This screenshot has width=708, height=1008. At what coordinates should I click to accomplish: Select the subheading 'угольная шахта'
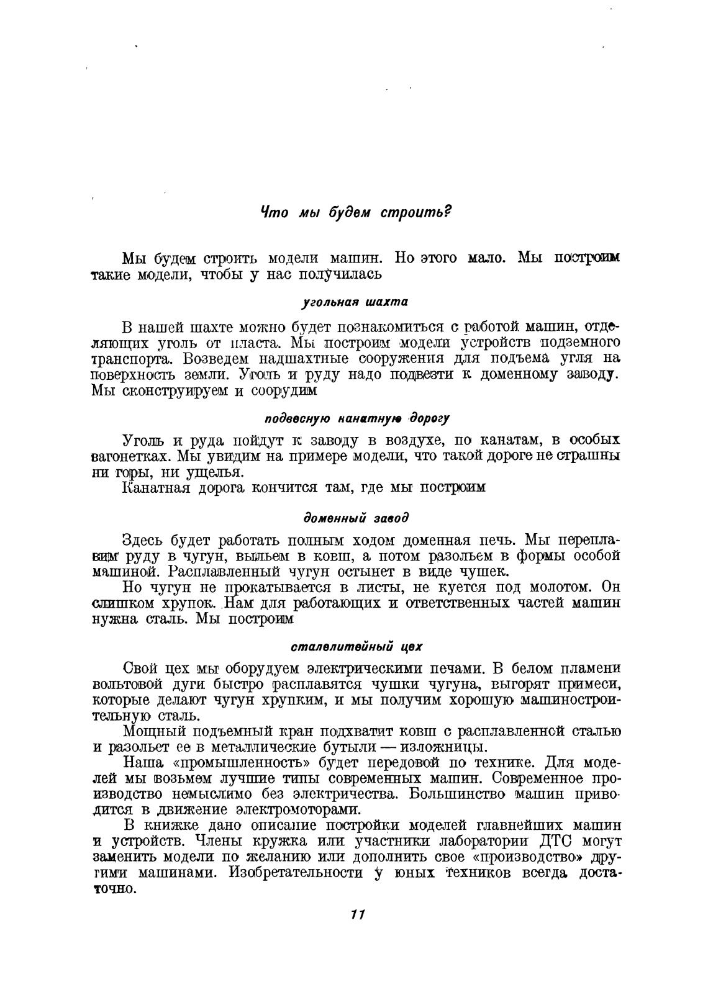point(355,302)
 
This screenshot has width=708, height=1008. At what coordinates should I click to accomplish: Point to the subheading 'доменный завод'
point(356,517)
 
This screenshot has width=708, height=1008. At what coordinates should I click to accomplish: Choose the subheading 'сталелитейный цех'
point(356,646)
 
